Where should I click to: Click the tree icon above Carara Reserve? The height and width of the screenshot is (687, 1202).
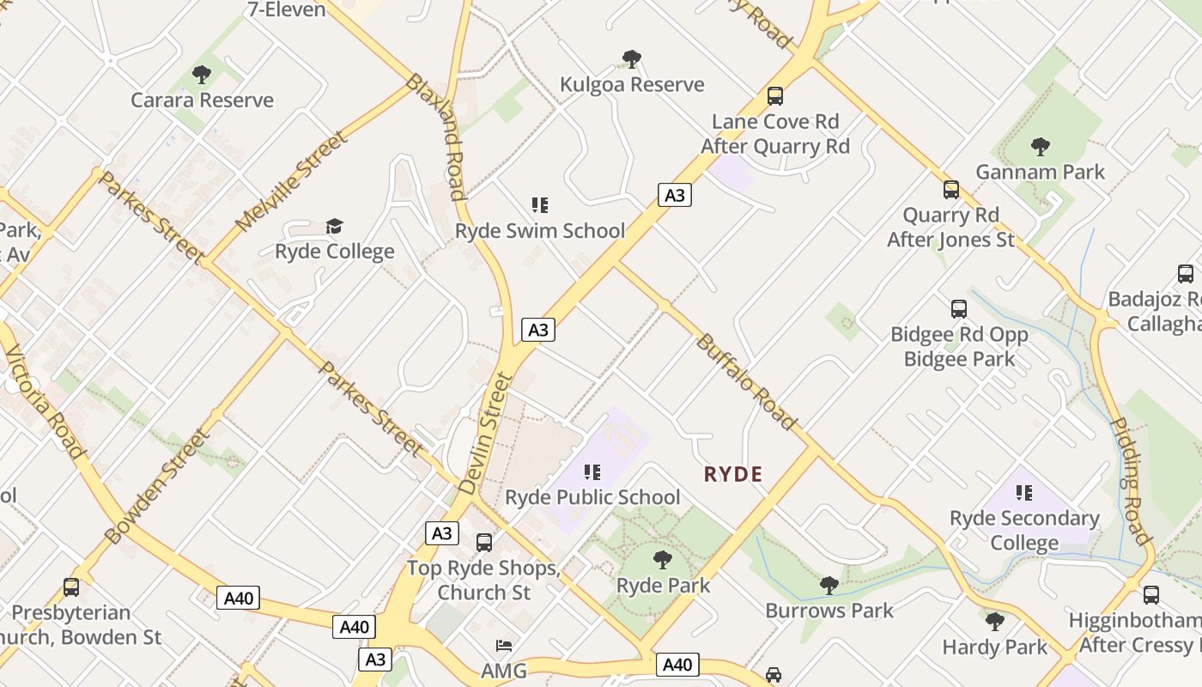click(202, 75)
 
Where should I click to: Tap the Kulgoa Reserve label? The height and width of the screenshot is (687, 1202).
click(632, 84)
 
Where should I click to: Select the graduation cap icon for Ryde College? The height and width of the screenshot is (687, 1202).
click(334, 226)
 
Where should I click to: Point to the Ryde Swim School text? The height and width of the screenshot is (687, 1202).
click(540, 231)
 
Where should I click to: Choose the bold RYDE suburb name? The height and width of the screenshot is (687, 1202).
click(733, 474)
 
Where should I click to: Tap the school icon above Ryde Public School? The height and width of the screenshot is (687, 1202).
click(592, 471)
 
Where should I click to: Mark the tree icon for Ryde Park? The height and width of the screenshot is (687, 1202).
click(662, 560)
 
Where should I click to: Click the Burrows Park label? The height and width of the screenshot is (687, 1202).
click(829, 611)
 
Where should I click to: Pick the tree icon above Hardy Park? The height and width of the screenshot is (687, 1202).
click(994, 621)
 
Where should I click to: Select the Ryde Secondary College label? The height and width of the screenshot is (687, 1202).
click(1024, 531)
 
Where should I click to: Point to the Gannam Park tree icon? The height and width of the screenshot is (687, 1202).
click(1041, 146)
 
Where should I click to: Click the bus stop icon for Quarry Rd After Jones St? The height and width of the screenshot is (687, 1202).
click(951, 189)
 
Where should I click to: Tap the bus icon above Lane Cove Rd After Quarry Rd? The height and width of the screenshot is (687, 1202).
click(775, 95)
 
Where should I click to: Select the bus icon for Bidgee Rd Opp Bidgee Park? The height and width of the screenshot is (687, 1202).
click(959, 308)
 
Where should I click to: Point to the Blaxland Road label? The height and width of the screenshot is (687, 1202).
click(435, 136)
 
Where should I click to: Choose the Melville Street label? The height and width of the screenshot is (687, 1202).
click(292, 180)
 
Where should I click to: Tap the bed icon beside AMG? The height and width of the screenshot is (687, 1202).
click(504, 645)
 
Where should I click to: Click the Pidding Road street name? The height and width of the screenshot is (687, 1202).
click(1130, 481)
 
